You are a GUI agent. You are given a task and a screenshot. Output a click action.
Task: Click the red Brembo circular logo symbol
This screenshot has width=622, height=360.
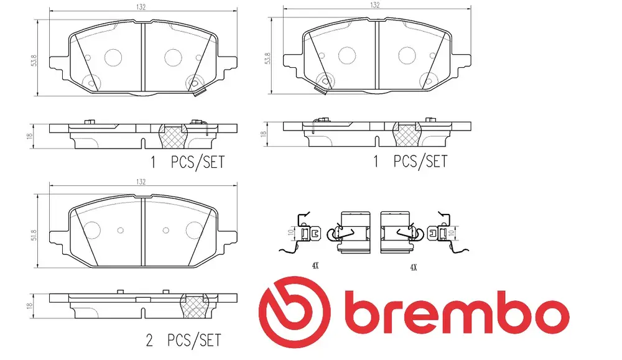pos(294,312)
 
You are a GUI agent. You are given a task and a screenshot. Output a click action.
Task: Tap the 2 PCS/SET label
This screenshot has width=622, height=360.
pos(183,340)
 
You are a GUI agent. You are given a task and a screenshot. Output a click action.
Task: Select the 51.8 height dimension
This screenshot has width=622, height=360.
pos(34,235)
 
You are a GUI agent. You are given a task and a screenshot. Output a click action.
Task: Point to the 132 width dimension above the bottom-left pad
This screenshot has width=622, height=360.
pos(141,182)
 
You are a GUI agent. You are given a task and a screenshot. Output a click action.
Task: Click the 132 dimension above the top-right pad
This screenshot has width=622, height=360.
pos(374,5)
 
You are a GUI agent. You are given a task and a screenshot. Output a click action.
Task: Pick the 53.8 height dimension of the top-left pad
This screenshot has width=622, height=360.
pos(34,60)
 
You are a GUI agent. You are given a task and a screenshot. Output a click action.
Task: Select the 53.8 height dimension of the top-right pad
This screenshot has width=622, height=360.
pos(267,58)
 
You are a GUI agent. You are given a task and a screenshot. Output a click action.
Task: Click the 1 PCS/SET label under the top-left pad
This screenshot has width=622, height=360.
pos(187,162)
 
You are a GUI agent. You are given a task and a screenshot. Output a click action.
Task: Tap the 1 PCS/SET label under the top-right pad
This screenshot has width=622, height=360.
pos(410,162)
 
